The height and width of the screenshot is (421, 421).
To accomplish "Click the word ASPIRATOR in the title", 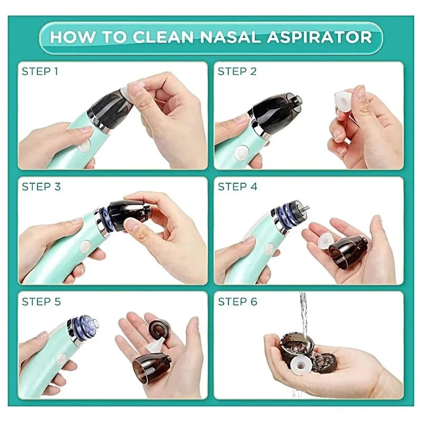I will [324, 37].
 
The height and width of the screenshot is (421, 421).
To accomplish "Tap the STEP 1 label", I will [39, 71].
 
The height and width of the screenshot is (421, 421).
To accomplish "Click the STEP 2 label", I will [237, 71].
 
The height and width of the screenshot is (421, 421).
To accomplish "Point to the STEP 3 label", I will [41, 186].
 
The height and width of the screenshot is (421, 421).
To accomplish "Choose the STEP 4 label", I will [237, 186].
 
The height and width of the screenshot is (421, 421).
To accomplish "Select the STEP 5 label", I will [41, 302].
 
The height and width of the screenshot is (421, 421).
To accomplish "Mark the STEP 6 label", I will [237, 302].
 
